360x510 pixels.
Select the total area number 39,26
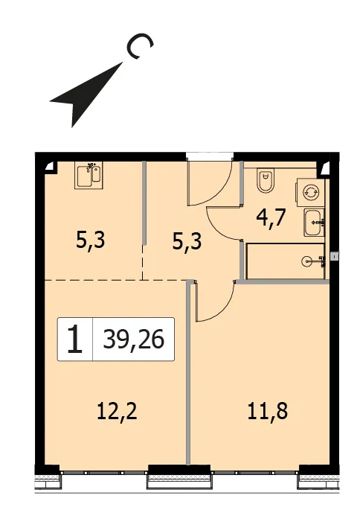(134, 340)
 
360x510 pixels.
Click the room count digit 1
(75, 340)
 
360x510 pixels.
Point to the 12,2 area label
(118, 411)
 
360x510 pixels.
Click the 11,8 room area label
(268, 411)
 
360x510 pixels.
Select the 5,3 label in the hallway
(187, 241)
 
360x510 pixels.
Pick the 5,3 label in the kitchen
(90, 240)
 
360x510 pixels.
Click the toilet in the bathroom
(266, 180)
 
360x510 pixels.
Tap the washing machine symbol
(309, 192)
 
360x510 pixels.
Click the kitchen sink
(89, 175)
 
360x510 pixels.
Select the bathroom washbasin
(314, 223)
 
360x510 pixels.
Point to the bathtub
(286, 261)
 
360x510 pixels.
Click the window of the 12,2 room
(104, 473)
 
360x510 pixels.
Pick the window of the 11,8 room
(255, 473)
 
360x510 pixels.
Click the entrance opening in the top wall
(210, 156)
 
